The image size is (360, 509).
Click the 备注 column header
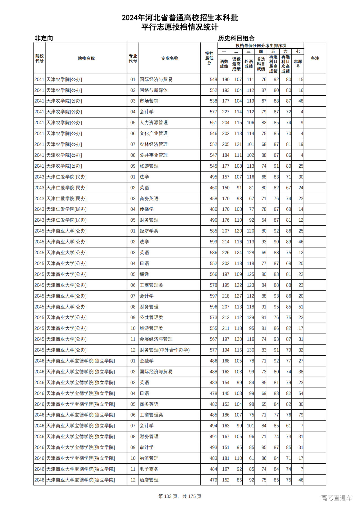(x=315, y=58)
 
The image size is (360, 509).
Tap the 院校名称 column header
(x=86, y=58)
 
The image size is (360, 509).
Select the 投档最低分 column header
(x=209, y=58)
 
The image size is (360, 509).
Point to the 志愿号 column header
(x=298, y=64)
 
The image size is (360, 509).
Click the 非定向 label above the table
(x=44, y=38)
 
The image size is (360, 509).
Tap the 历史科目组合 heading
(x=236, y=38)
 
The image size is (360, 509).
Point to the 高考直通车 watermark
(x=336, y=498)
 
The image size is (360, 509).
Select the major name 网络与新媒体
(x=154, y=90)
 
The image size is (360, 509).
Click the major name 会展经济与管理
(x=156, y=339)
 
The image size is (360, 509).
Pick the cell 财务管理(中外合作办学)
(x=165, y=350)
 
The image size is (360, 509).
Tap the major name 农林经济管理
(x=154, y=144)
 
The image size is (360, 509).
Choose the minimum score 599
(x=213, y=242)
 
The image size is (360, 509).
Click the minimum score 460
(x=213, y=188)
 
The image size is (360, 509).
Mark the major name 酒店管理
(x=149, y=480)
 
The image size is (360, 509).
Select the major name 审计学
(x=147, y=447)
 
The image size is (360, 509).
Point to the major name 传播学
(x=147, y=209)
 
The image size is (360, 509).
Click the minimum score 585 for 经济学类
(x=213, y=231)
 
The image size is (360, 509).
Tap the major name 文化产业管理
(x=154, y=134)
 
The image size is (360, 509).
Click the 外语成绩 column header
(x=248, y=64)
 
